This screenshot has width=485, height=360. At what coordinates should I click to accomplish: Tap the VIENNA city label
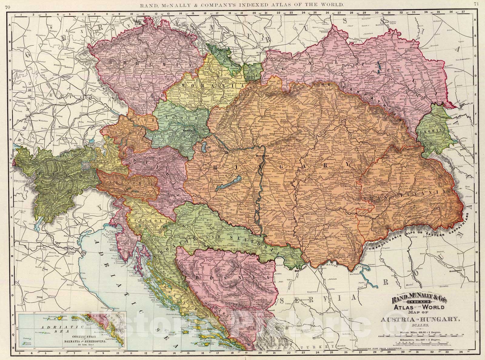click(188, 130)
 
